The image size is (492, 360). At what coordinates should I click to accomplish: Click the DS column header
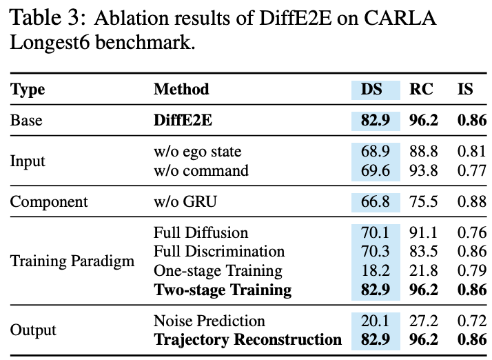376,89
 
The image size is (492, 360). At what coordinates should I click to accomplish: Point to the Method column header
181,89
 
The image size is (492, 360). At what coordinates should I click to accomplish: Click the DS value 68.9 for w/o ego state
376,151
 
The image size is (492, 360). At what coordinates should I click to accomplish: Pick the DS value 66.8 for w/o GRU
376,201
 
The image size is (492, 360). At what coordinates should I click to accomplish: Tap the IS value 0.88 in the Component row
471,201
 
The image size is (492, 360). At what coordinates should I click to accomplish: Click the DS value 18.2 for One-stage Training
376,270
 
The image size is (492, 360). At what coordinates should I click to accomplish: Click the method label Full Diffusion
201,233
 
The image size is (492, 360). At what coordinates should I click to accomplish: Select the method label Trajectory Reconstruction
247,339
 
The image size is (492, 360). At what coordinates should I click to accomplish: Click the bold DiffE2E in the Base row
183,120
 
